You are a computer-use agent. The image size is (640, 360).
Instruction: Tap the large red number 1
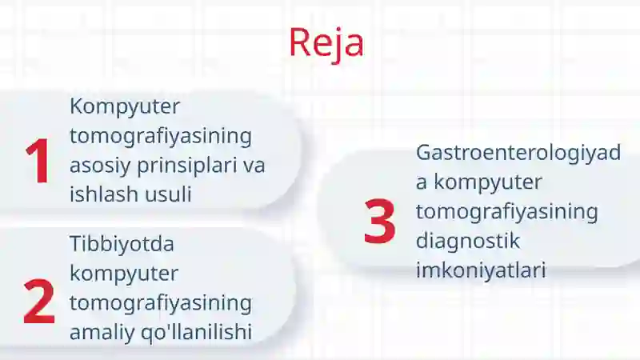coord(38,161)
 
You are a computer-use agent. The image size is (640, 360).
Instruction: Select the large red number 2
coord(38,302)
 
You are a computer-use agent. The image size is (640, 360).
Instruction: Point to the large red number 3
coord(379,221)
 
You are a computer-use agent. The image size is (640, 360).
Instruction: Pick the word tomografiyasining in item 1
coord(161,136)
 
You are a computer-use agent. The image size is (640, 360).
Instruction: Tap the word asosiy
coord(100,166)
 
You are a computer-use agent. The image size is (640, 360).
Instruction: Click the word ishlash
coord(100,194)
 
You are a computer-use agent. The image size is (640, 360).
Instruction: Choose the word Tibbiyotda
coord(122,244)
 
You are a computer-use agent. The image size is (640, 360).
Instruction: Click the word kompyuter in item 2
coord(124,274)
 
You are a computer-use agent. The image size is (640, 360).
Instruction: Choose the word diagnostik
coord(468,242)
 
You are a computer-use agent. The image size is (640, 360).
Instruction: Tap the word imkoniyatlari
coord(481,270)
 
